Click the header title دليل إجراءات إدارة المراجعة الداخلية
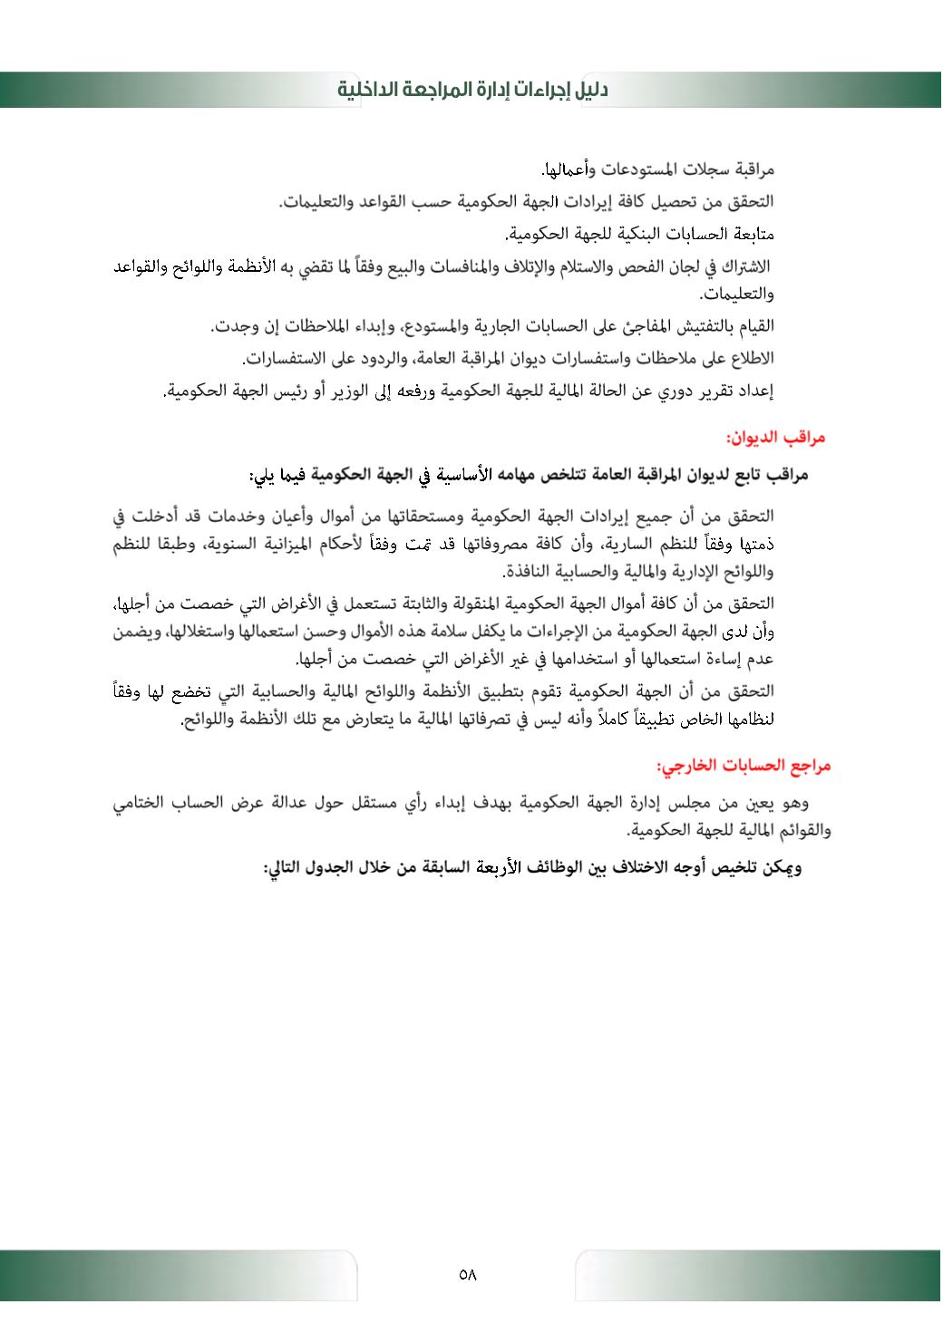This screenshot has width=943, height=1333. pos(472,90)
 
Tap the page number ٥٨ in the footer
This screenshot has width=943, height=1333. pos(468,1274)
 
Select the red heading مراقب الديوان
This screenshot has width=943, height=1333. pos(775,439)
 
